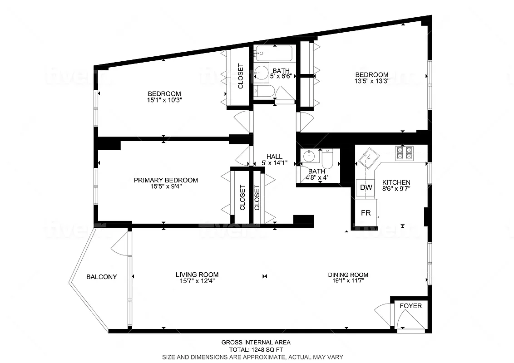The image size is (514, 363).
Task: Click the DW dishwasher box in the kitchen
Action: (366, 187)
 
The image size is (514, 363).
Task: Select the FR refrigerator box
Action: (366, 212)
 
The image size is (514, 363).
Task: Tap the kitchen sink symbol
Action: (368, 158)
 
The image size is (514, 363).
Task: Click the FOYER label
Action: (410, 306)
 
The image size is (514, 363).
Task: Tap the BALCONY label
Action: (101, 277)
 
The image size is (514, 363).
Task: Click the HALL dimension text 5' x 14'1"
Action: (275, 163)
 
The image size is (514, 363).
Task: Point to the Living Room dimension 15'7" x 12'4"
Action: (197, 281)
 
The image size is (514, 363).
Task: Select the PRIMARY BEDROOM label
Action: (166, 180)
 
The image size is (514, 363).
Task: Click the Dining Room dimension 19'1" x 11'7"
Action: (348, 281)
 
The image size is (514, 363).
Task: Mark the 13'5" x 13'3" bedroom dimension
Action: (371, 81)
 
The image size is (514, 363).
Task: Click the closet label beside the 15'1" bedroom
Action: (240, 76)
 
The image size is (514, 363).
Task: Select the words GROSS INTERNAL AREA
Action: (256, 343)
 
